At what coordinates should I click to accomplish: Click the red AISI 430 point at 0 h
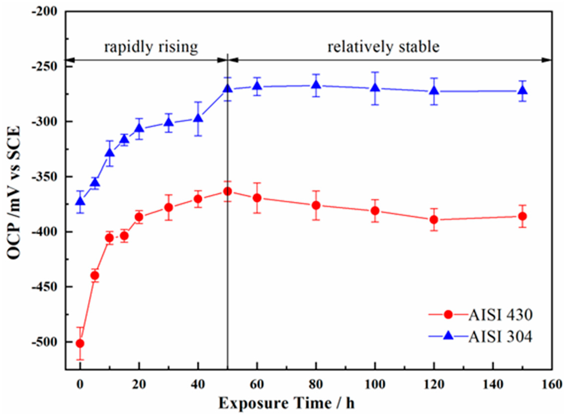(80, 343)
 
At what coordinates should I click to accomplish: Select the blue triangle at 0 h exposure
(80, 201)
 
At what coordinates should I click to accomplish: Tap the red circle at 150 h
(522, 216)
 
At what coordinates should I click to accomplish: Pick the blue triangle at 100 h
(375, 88)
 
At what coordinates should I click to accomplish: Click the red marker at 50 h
(228, 191)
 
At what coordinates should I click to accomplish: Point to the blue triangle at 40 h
(198, 118)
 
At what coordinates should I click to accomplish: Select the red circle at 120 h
(434, 219)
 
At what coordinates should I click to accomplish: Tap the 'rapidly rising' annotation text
(151, 46)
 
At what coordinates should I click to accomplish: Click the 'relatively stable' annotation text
(384, 46)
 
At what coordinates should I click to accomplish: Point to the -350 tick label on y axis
(49, 177)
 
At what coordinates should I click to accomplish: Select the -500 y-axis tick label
(49, 342)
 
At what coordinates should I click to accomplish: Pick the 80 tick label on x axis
(316, 384)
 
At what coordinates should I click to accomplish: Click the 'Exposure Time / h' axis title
(286, 403)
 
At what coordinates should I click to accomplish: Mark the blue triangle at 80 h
(316, 85)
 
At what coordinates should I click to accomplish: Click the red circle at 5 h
(95, 276)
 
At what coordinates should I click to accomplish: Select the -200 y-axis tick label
(49, 11)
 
